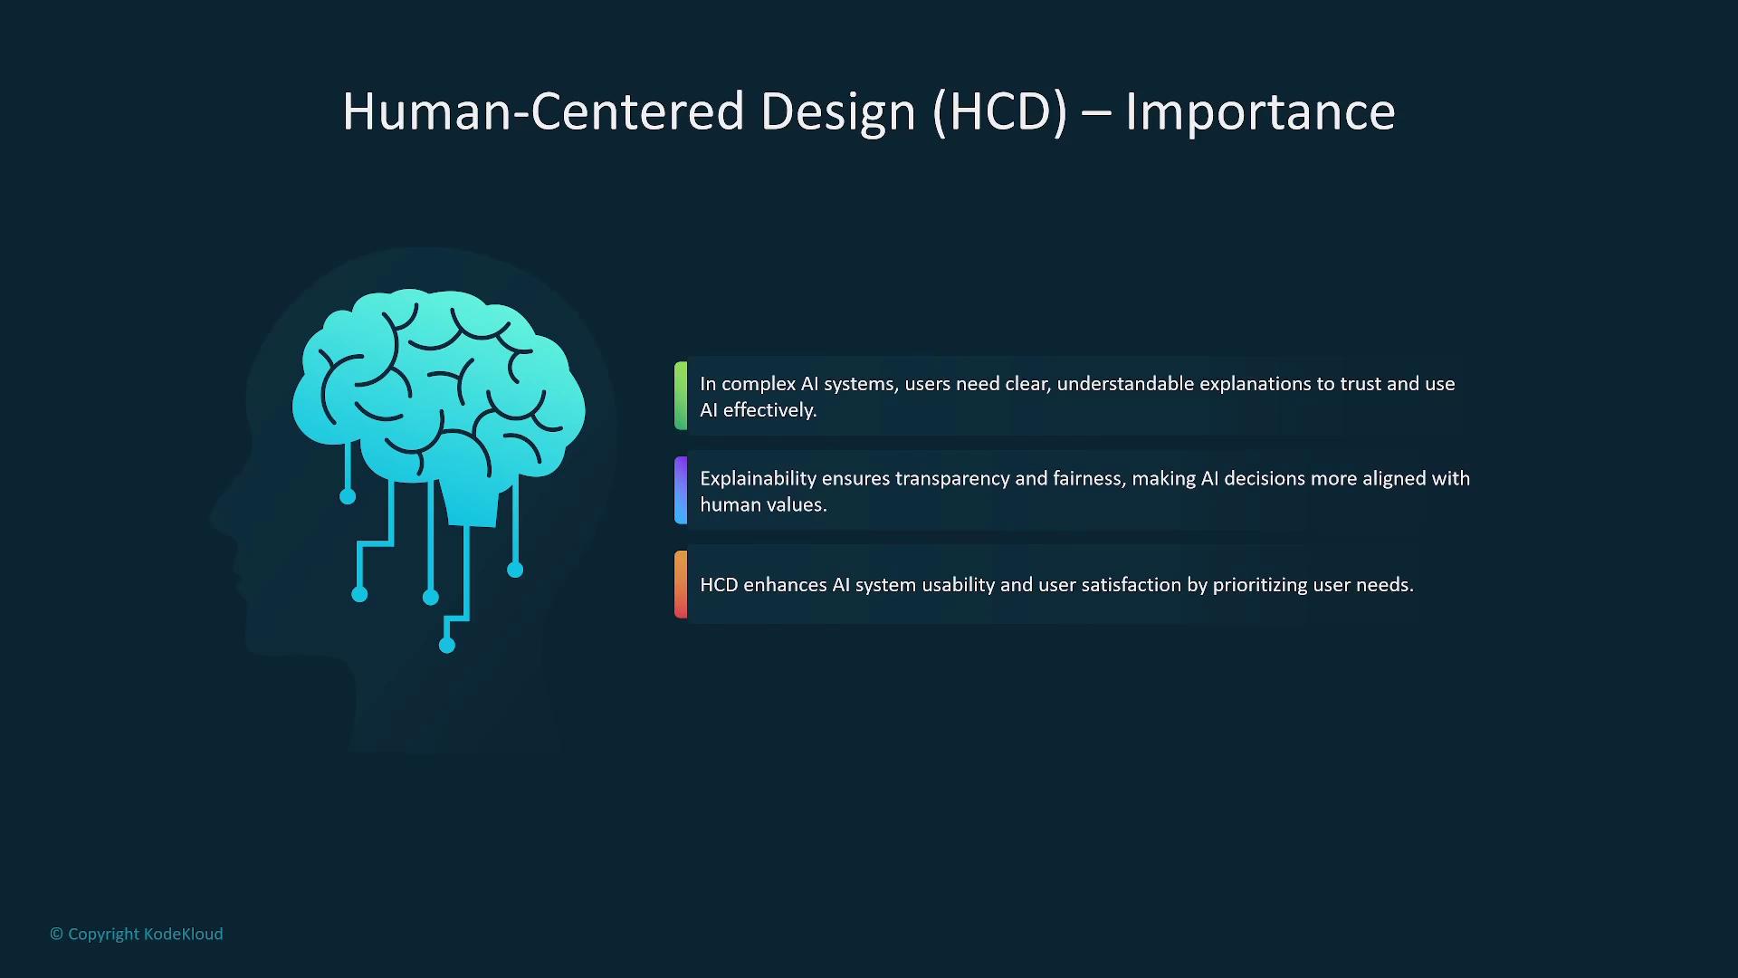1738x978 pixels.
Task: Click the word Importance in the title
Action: (x=1260, y=111)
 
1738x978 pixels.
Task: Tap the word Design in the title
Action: (x=838, y=111)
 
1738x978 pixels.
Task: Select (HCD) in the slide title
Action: (x=1000, y=111)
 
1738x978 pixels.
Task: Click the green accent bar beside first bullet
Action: (x=681, y=396)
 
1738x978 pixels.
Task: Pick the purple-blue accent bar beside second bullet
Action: (x=681, y=490)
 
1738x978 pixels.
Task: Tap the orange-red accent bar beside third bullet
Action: (x=681, y=584)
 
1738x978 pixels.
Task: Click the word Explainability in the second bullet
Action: (x=758, y=479)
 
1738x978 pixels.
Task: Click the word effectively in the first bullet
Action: (x=769, y=410)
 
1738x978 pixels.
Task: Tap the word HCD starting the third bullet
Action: (x=719, y=585)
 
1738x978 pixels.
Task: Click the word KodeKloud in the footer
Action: (x=183, y=934)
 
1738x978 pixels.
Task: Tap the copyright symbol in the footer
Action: (x=56, y=934)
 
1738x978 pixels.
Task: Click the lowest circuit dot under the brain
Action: (x=447, y=645)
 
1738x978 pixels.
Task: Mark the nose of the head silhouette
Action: (x=217, y=519)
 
